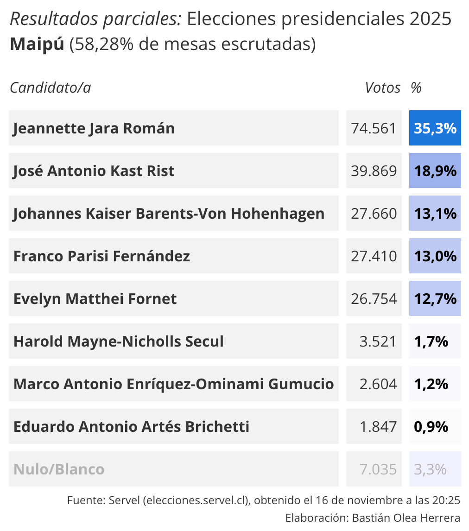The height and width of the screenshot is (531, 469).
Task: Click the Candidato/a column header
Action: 51,88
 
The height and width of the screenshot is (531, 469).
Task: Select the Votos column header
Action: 382,88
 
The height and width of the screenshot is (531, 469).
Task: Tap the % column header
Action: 416,88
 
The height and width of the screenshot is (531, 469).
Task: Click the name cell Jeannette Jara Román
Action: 94,128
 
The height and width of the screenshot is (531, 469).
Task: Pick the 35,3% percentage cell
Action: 435,128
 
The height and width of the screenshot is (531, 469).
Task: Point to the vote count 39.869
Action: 374,171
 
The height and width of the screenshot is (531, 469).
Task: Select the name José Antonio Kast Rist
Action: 94,171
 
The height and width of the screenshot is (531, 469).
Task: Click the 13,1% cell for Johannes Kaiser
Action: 435,214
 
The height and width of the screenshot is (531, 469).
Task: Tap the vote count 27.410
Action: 374,256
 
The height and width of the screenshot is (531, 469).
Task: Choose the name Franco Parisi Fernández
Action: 102,256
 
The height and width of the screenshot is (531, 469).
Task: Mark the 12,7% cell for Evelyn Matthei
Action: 435,299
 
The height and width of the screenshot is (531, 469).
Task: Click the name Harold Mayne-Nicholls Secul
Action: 119,341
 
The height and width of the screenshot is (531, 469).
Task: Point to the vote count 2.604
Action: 378,384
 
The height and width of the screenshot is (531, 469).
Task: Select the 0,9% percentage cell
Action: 431,427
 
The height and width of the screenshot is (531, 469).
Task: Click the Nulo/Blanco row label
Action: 59,469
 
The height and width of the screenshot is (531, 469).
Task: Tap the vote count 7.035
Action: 378,469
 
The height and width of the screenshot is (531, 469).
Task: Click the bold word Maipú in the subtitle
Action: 37,44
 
